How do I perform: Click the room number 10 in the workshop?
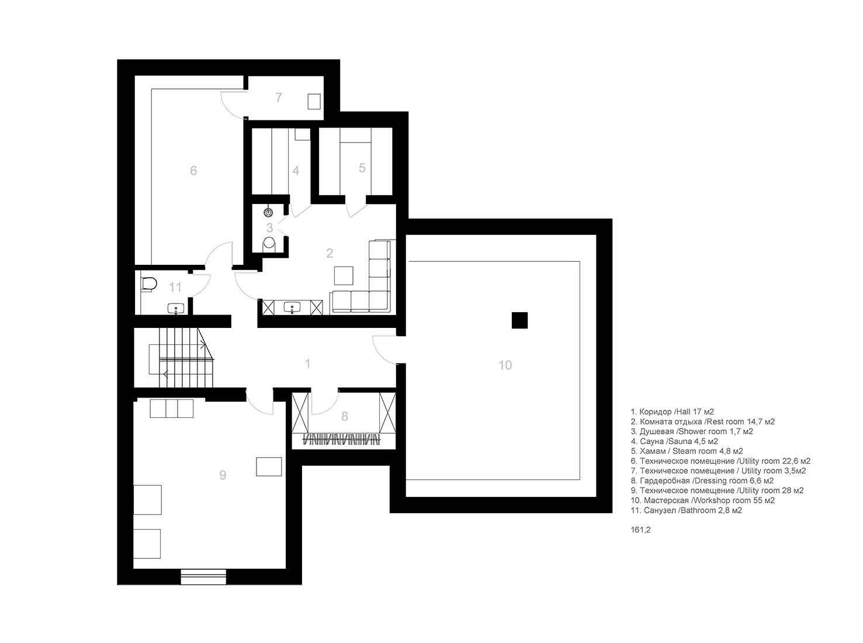[505, 365]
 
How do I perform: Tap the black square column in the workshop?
[519, 320]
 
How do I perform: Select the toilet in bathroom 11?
[149, 284]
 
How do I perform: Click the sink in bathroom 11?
[176, 309]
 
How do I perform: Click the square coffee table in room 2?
[344, 275]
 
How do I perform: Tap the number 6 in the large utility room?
[193, 171]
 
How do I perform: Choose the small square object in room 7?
[314, 102]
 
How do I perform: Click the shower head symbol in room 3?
[268, 212]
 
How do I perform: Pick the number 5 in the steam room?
[362, 168]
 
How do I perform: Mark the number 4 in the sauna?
[296, 171]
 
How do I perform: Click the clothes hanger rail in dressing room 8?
[341, 440]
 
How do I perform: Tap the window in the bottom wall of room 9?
[203, 576]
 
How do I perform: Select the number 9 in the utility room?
[223, 475]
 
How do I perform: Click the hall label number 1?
[308, 364]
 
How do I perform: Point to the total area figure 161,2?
[640, 530]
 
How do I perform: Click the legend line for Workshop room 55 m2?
[703, 500]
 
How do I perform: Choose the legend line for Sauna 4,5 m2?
[674, 441]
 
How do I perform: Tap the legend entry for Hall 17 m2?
[673, 412]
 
